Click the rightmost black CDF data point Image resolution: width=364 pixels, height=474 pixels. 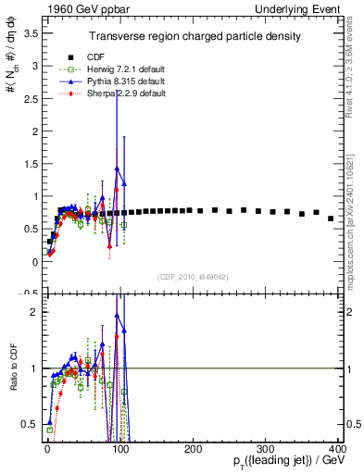pyautogui.click(x=331, y=218)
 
